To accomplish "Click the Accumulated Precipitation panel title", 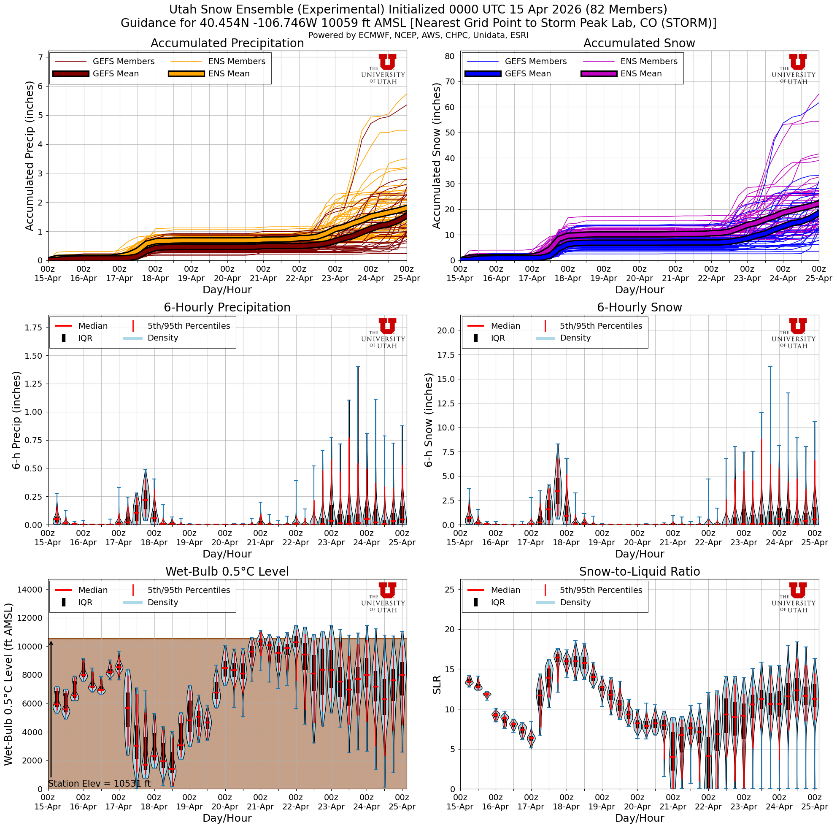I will [227, 43].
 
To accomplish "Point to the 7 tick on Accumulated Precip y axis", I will [40, 58].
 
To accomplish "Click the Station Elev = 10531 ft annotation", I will [99, 783].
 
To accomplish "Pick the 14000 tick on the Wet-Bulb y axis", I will [30, 589].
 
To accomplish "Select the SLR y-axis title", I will [437, 685].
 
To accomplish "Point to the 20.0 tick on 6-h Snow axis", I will [446, 330].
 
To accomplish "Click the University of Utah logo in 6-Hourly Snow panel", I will [793, 333].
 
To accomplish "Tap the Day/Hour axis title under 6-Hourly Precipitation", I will [227, 554].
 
